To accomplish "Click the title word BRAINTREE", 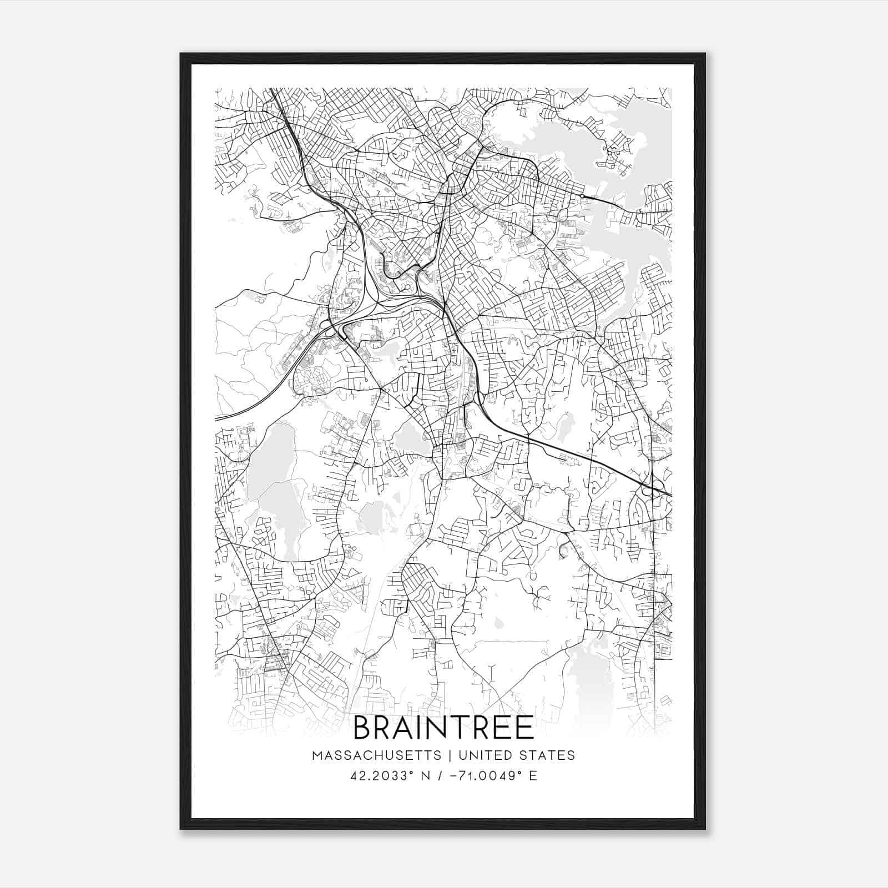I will [x=443, y=728].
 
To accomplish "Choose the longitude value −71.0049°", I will [x=476, y=776].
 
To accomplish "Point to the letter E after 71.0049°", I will [x=533, y=776].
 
